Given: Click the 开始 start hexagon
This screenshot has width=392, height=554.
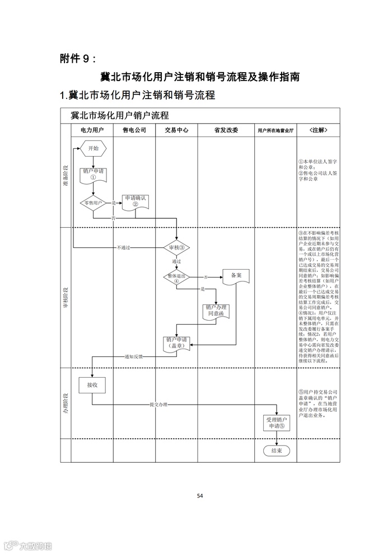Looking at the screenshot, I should [x=92, y=148].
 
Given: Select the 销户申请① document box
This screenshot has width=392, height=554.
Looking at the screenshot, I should [x=93, y=175].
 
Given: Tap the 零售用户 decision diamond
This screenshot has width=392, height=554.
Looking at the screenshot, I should [x=93, y=202].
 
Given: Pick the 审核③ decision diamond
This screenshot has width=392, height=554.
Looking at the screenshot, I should [x=176, y=247].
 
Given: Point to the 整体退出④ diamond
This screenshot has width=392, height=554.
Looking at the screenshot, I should [x=176, y=277].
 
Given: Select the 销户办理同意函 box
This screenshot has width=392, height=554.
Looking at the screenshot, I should [x=216, y=311].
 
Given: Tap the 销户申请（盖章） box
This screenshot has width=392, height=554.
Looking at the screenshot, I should [x=176, y=343].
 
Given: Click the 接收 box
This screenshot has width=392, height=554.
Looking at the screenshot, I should [x=92, y=385].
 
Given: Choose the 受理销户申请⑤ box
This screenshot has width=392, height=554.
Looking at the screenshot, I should [x=277, y=422].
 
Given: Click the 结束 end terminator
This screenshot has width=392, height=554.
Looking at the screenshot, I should [x=276, y=450].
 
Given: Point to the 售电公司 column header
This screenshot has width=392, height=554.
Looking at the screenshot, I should [x=134, y=130].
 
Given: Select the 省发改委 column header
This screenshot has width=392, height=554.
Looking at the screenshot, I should [x=226, y=130].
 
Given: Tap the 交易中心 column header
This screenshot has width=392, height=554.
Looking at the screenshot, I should [x=176, y=130].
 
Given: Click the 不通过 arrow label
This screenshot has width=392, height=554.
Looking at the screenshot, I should [x=123, y=247].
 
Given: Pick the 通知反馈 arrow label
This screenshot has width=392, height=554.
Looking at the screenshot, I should [x=133, y=356].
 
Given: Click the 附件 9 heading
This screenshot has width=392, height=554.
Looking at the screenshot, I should [x=77, y=58].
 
